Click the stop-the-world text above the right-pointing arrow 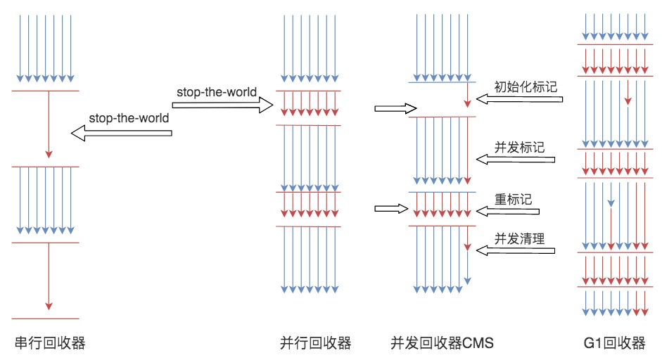(216, 92)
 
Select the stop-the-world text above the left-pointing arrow (129, 118)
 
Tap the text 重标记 (513, 198)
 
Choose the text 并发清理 (520, 238)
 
